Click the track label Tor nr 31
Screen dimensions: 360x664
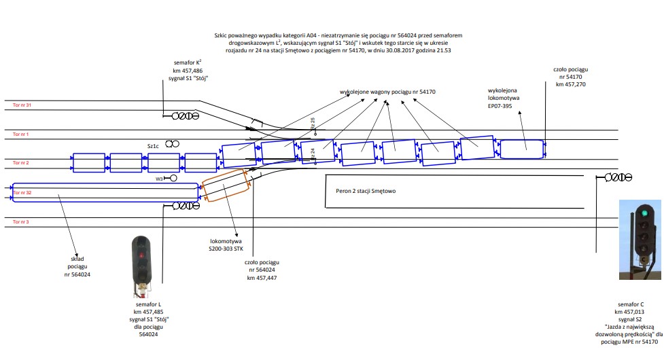22,105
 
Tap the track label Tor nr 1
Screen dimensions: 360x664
20,134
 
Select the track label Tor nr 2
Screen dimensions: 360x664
20,163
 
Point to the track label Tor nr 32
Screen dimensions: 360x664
22,193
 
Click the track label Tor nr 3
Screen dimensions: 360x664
20,222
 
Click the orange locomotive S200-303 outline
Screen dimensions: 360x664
226,185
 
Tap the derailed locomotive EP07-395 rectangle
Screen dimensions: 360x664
523,149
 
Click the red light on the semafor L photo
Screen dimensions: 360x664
141,256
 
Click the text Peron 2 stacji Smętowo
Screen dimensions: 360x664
366,191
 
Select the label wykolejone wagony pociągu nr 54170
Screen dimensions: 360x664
387,91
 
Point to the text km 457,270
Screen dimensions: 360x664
570,84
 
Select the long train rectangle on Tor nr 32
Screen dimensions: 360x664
105,193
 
